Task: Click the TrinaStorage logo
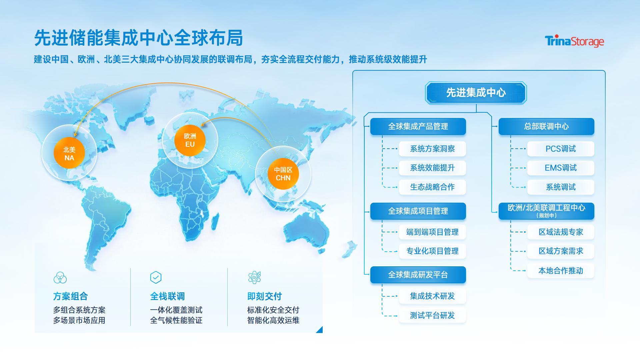574,41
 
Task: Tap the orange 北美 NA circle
69,153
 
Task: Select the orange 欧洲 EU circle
190,140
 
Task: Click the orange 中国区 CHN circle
283,174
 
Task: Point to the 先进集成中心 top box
476,93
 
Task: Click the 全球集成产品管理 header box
418,126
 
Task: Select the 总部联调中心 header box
546,126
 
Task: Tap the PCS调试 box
561,149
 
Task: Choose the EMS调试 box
561,168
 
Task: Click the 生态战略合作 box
432,187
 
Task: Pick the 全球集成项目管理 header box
418,211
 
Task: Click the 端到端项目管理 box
432,232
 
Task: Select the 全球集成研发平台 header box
418,275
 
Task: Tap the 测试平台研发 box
432,315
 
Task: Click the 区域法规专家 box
561,232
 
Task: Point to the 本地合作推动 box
561,271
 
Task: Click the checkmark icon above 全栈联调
156,277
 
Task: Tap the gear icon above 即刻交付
254,277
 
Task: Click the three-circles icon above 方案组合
60,277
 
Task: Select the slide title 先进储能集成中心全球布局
138,38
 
